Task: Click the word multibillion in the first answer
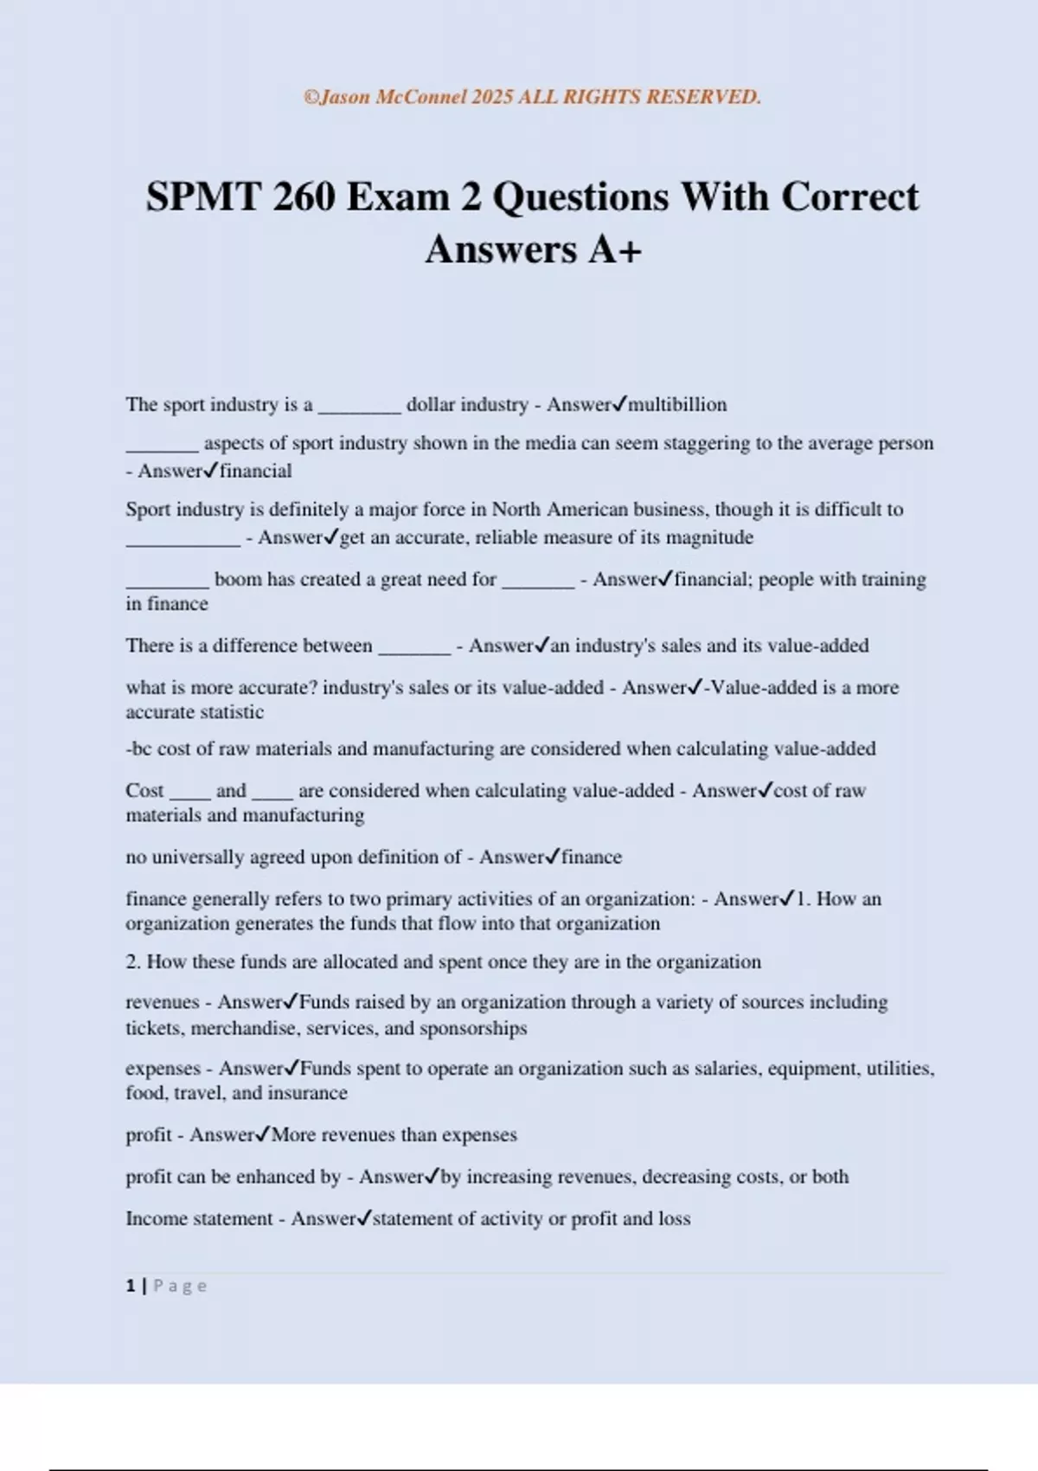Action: click(x=677, y=404)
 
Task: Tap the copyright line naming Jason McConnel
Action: click(x=532, y=97)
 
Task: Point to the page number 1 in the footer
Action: click(x=131, y=1286)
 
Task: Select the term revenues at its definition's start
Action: click(x=163, y=1002)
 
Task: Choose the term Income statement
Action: click(x=199, y=1218)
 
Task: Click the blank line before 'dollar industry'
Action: click(x=359, y=407)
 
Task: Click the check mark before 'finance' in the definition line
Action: click(x=554, y=856)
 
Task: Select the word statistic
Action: click(x=229, y=712)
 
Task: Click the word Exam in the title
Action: click(x=398, y=197)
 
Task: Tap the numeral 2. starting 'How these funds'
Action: click(x=133, y=962)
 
